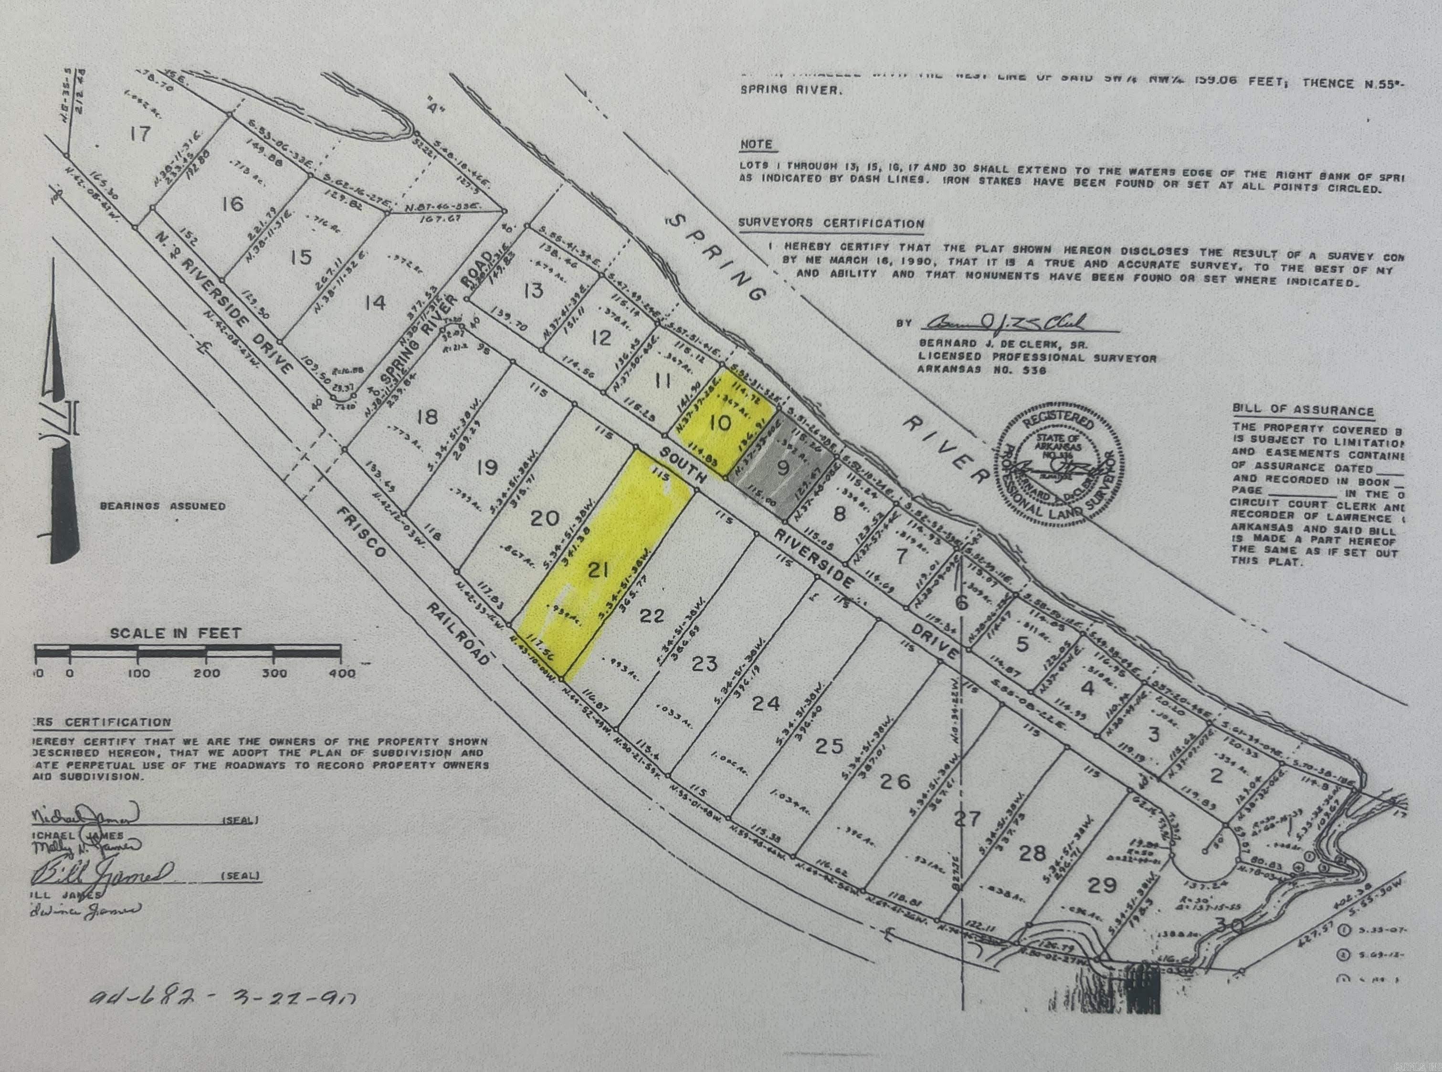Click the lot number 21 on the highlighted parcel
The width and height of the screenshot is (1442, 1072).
(x=598, y=571)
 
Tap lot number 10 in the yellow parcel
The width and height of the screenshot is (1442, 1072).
(x=720, y=423)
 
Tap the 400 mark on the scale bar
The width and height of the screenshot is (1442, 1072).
(x=342, y=673)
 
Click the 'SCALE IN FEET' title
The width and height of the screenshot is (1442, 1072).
(x=176, y=633)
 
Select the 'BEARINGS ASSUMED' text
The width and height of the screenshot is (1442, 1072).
(x=163, y=506)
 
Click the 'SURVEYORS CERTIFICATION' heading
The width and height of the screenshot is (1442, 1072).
(x=831, y=223)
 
